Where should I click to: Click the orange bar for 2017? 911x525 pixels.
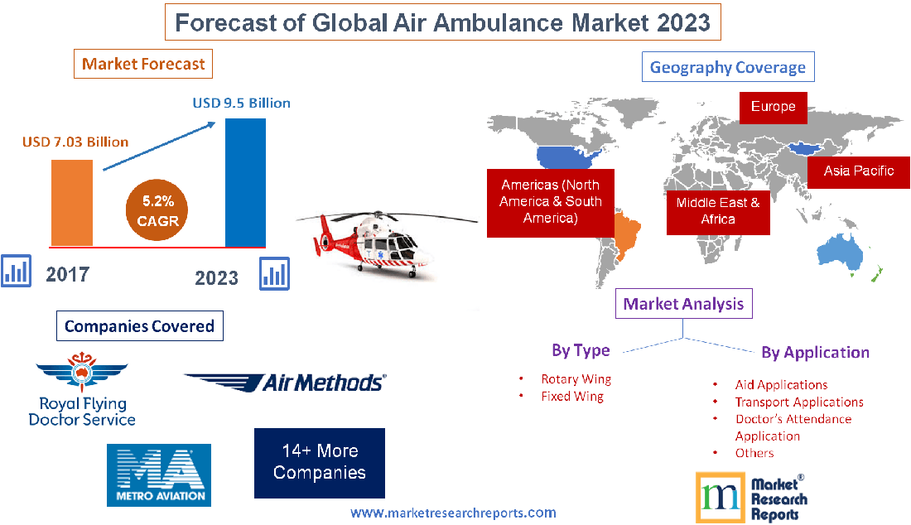pyautogui.click(x=72, y=202)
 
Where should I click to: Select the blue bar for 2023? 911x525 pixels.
pyautogui.click(x=245, y=182)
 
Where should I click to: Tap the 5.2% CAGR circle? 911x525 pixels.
pyautogui.click(x=158, y=210)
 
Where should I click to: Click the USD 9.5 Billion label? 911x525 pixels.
pyautogui.click(x=241, y=103)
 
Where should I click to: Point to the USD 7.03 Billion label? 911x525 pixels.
pyautogui.click(x=75, y=142)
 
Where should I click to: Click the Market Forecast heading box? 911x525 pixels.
pyautogui.click(x=143, y=64)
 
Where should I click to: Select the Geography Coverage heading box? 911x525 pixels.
pyautogui.click(x=728, y=67)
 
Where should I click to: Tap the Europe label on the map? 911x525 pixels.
pyautogui.click(x=773, y=107)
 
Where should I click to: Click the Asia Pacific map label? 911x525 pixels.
pyautogui.click(x=859, y=171)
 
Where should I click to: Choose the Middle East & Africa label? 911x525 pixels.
pyautogui.click(x=718, y=210)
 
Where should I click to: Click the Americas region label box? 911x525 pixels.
pyautogui.click(x=550, y=201)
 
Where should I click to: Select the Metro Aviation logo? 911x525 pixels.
pyautogui.click(x=159, y=474)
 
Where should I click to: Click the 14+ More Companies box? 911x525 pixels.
pyautogui.click(x=319, y=462)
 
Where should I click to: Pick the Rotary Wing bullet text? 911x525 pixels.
pyautogui.click(x=576, y=379)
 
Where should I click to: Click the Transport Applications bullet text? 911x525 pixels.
pyautogui.click(x=798, y=402)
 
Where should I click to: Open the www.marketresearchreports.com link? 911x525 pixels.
pyautogui.click(x=453, y=513)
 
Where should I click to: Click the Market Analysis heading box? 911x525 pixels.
pyautogui.click(x=684, y=304)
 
